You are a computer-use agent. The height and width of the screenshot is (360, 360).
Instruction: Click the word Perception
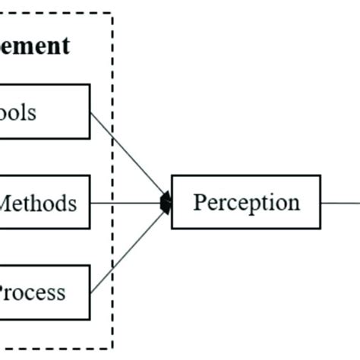pyautogui.click(x=246, y=203)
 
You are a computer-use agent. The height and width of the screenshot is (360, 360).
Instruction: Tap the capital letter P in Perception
pyautogui.click(x=199, y=202)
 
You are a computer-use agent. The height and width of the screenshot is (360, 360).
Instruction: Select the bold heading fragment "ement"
pyautogui.click(x=35, y=46)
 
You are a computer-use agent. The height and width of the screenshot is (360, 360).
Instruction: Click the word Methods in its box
pyautogui.click(x=37, y=204)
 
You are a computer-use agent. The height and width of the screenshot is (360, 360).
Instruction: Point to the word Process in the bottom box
pyautogui.click(x=32, y=292)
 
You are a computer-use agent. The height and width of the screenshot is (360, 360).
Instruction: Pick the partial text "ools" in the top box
pyautogui.click(x=18, y=113)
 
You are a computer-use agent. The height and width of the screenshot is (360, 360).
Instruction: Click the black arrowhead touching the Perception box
pyautogui.click(x=166, y=203)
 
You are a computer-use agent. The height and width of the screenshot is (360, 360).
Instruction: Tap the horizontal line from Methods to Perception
pyautogui.click(x=133, y=203)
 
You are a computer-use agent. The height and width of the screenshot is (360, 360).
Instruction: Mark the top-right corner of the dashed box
pyautogui.click(x=112, y=14)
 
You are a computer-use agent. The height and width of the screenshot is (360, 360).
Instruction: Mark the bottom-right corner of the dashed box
pyautogui.click(x=112, y=349)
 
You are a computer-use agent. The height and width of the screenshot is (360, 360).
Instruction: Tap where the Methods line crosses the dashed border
pyautogui.click(x=112, y=203)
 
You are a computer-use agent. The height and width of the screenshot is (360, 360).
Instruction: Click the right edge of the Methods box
pyautogui.click(x=90, y=202)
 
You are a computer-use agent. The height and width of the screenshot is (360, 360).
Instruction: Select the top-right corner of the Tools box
pyautogui.click(x=90, y=84)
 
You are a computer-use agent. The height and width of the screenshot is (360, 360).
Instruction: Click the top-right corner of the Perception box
pyautogui.click(x=321, y=175)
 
